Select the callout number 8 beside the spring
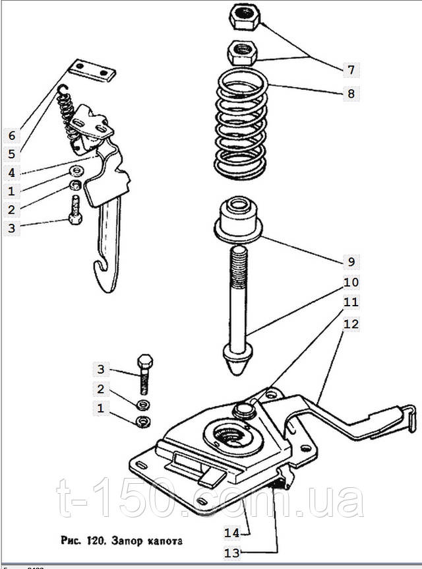point(351,93)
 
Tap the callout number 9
point(351,261)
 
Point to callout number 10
point(351,283)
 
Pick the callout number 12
point(351,324)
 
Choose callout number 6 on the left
point(11,136)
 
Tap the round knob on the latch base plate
point(244,410)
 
